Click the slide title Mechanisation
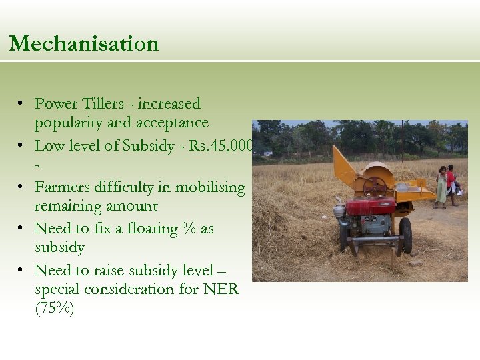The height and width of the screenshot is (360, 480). point(84,44)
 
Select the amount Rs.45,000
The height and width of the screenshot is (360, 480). point(221,146)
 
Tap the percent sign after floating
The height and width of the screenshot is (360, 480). point(189,229)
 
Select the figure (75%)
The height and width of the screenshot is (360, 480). point(54,309)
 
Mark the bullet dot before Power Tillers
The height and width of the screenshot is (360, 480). point(22,104)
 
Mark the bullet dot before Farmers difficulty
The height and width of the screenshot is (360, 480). point(22,187)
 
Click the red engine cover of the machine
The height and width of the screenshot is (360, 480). point(370,205)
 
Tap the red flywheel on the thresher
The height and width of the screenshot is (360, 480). point(375,186)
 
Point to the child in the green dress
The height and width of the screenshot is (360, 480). point(441,187)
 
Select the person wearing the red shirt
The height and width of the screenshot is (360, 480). point(451,181)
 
